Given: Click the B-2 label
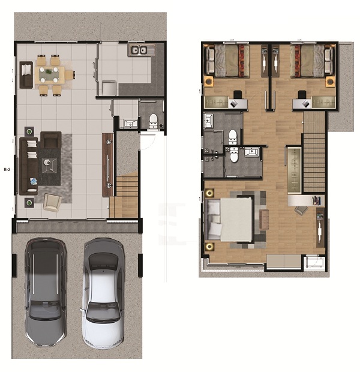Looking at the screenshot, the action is click(x=7, y=169).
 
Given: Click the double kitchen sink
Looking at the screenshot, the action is click(x=139, y=50).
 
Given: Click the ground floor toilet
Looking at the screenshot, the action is click(x=154, y=121).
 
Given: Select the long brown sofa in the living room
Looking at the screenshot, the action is click(x=28, y=166).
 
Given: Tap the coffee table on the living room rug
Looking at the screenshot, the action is click(x=49, y=165).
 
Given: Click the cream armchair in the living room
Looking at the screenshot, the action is click(x=52, y=202).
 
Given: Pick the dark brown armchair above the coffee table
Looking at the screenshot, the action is click(x=51, y=140).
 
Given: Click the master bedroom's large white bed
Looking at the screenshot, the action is click(x=230, y=220).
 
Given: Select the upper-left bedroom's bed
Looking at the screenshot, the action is click(x=227, y=61).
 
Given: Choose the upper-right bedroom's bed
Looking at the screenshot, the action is click(x=312, y=61).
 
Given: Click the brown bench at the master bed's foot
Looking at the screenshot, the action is click(x=264, y=220).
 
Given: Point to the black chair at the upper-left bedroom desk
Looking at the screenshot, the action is click(x=238, y=94).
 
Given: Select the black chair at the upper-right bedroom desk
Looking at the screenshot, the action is click(x=302, y=94).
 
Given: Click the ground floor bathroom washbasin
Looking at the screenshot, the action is click(x=130, y=124).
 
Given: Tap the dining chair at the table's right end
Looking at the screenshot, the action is click(x=70, y=75).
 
